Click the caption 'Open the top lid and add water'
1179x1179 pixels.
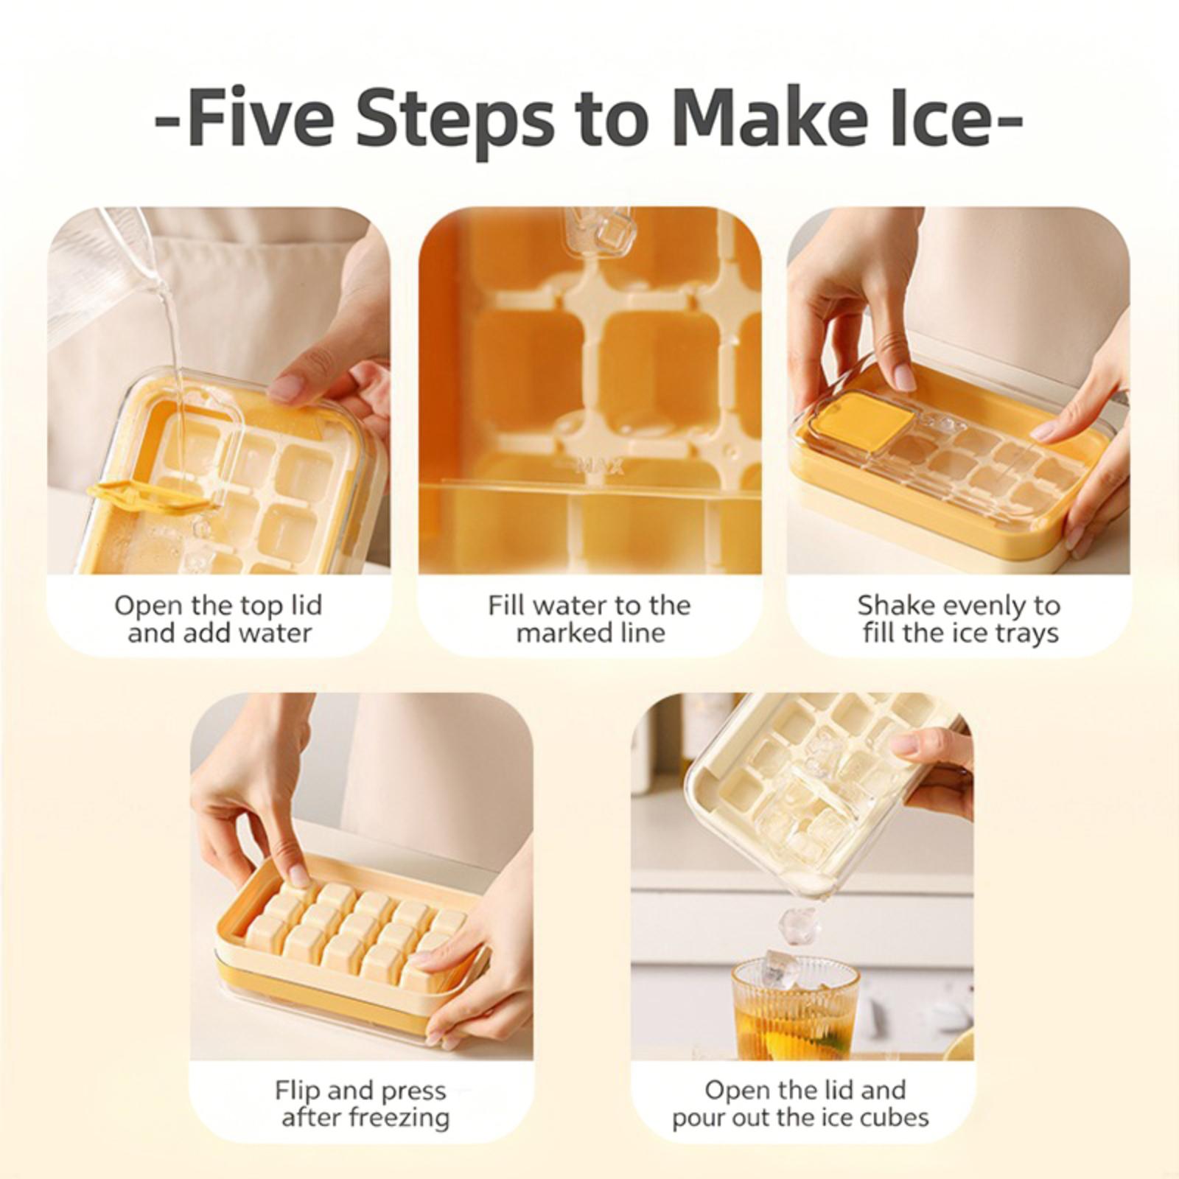(219, 619)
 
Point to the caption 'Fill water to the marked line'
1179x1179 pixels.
(589, 619)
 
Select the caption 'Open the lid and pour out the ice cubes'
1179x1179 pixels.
(801, 1104)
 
